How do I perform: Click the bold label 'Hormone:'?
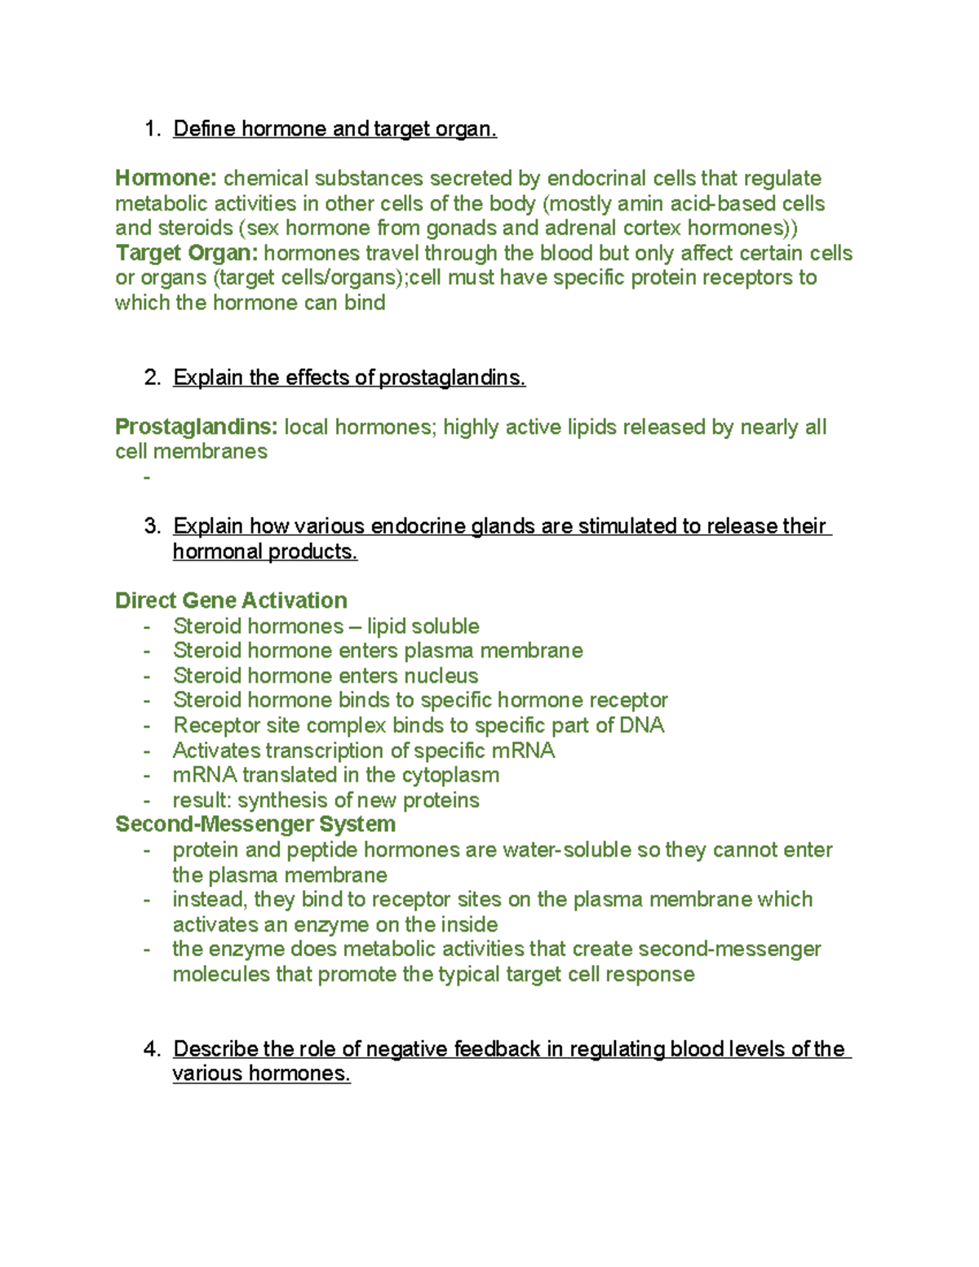point(166,179)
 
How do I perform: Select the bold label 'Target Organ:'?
point(186,253)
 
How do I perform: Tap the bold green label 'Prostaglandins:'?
point(196,427)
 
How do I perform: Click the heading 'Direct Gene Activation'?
point(231,600)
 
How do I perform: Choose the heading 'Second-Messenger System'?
point(255,824)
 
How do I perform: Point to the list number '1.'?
point(153,129)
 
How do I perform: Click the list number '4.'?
point(153,1048)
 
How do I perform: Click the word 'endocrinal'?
point(596,179)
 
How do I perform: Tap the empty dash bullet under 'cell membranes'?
point(147,476)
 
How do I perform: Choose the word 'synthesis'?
point(284,800)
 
